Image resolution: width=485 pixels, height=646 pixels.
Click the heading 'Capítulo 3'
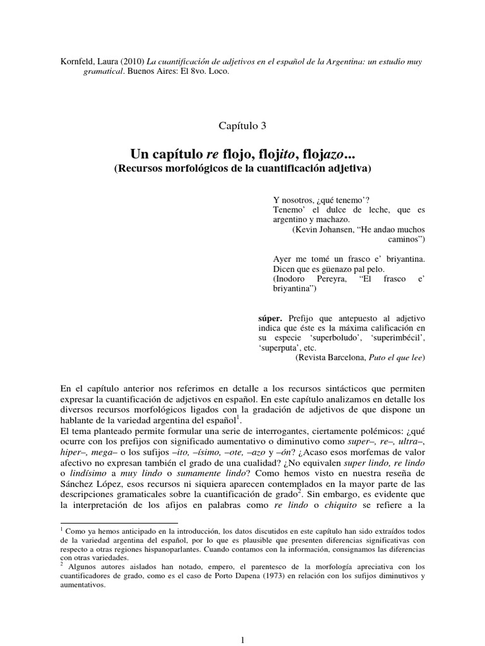(x=242, y=126)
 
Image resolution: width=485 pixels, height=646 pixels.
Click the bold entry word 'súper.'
(x=270, y=317)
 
